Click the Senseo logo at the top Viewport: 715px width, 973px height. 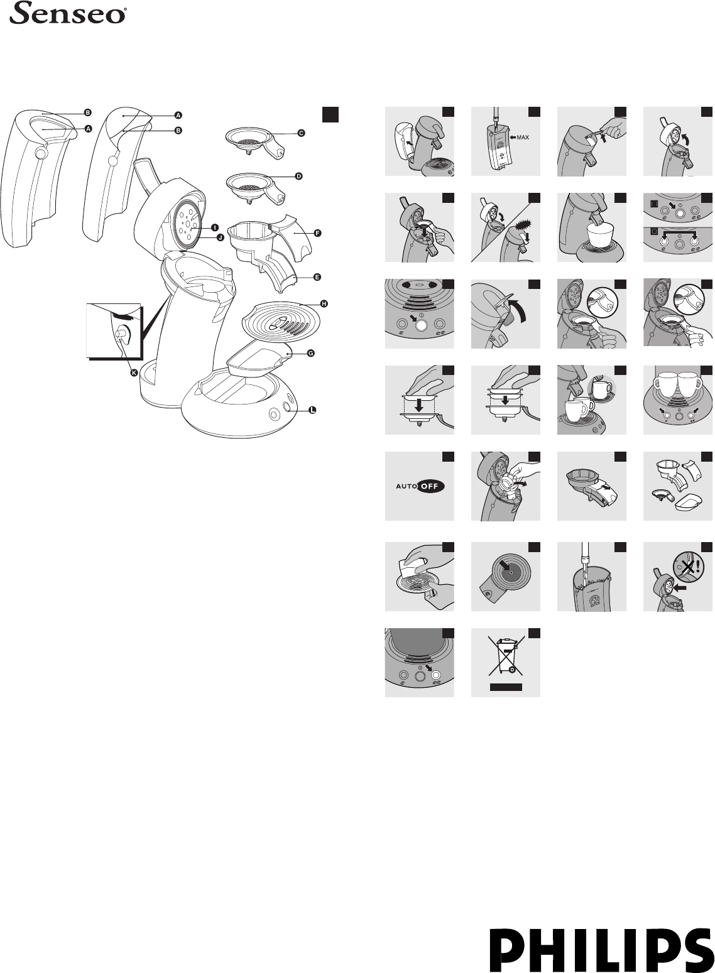[x=68, y=13]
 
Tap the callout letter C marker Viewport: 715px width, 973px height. [x=301, y=133]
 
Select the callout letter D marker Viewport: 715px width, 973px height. [x=298, y=177]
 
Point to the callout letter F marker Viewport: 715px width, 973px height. [x=317, y=233]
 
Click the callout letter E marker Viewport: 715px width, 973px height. [x=317, y=276]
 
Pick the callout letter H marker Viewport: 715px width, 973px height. [x=324, y=303]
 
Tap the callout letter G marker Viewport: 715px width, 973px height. [x=310, y=353]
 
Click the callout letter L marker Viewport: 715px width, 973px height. [x=312, y=410]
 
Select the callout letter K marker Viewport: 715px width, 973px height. [x=134, y=372]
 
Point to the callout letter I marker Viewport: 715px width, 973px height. [x=215, y=227]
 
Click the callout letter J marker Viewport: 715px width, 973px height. [x=220, y=237]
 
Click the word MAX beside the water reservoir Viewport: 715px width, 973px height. [x=523, y=138]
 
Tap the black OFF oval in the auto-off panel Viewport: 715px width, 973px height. [x=432, y=486]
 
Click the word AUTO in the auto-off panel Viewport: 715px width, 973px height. [x=407, y=486]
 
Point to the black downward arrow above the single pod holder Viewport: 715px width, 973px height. [x=419, y=405]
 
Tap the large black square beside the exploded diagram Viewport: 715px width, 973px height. [x=330, y=115]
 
